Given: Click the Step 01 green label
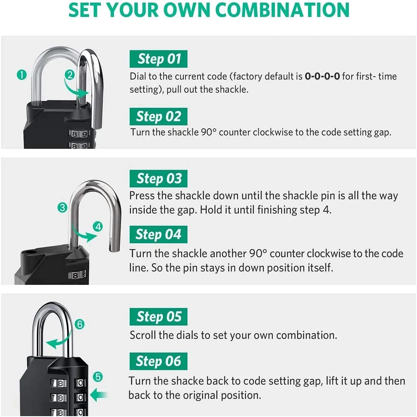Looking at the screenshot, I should pyautogui.click(x=158, y=59).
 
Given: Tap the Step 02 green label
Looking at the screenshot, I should pyautogui.click(x=158, y=116).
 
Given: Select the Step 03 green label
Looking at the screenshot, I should pyautogui.click(x=158, y=179).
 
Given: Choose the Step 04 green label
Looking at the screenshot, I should pyautogui.click(x=158, y=235).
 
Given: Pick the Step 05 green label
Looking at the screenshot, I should pyautogui.click(x=158, y=317).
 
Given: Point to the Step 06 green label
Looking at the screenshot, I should pyautogui.click(x=158, y=362).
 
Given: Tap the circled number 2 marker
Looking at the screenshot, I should pyautogui.click(x=70, y=75).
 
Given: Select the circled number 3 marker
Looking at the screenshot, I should pyautogui.click(x=63, y=207).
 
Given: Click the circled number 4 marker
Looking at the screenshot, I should pyautogui.click(x=98, y=227).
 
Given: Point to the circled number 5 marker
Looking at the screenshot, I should pyautogui.click(x=98, y=377).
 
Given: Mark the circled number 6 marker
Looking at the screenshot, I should pyautogui.click(x=80, y=324).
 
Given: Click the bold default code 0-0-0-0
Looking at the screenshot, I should pyautogui.click(x=322, y=76).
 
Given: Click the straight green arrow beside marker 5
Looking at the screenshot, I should pyautogui.click(x=99, y=393).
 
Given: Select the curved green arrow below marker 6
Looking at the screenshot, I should pyautogui.click(x=58, y=341).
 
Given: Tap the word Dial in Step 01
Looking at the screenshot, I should pyautogui.click(x=138, y=76).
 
